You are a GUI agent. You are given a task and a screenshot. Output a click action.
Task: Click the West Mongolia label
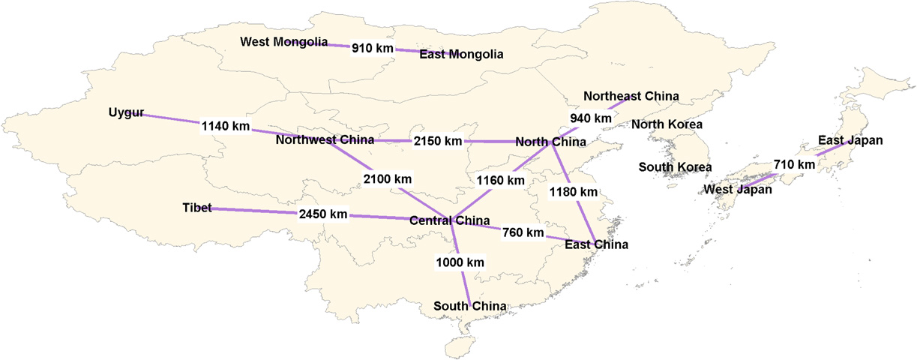point(283,42)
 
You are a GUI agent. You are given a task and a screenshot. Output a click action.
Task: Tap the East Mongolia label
point(461,54)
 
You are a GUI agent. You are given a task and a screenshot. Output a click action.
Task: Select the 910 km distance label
point(373,48)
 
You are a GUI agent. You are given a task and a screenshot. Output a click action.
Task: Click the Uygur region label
point(126,113)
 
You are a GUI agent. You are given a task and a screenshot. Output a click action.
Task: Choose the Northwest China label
point(325,140)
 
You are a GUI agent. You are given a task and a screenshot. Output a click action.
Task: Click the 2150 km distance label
point(438,141)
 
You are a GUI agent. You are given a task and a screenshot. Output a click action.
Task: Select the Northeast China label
point(631,96)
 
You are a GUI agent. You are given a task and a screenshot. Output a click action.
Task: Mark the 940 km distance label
point(591,118)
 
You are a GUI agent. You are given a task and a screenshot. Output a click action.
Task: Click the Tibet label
point(197,207)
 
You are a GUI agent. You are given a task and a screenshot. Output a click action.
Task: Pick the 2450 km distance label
point(323,214)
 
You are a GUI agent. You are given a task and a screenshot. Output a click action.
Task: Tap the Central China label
point(449,220)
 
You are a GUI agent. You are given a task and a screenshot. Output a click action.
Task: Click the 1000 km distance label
point(460,262)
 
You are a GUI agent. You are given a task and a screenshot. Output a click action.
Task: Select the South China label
point(470,306)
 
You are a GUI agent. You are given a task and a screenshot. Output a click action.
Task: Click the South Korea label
point(675,166)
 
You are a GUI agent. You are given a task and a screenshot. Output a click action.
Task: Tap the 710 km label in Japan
point(794,164)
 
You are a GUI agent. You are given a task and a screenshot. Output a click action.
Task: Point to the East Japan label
point(850,140)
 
